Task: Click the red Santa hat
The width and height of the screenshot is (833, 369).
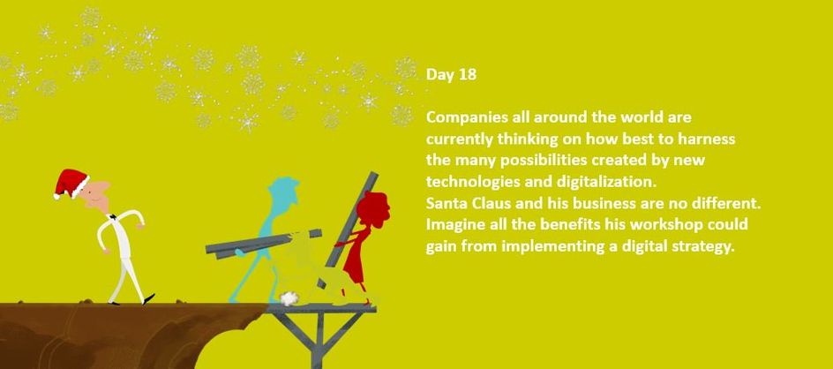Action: pos(71,183)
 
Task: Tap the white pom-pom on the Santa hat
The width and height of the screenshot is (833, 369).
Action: pos(56,196)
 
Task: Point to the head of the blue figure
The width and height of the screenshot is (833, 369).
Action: pos(283,191)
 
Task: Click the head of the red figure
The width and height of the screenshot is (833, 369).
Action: pos(373,209)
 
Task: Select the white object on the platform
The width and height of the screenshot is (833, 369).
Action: pos(288,298)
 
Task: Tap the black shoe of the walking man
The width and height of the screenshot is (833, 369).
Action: pos(149,298)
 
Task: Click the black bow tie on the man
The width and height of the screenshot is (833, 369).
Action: pos(112,217)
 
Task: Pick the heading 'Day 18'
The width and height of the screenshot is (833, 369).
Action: pos(451,75)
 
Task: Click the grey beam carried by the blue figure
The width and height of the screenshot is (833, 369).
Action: pos(264,244)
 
